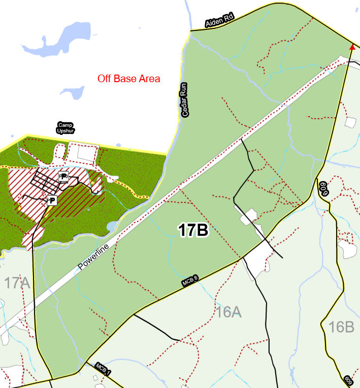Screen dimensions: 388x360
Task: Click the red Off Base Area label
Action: (x=129, y=79)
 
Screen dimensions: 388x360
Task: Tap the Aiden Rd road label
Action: (x=219, y=21)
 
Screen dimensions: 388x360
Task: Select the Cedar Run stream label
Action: (x=185, y=100)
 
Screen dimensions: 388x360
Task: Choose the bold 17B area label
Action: (x=193, y=230)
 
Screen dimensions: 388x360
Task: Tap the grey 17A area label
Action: (x=18, y=283)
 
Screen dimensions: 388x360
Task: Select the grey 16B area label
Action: (x=341, y=327)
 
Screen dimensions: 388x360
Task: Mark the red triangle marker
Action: (x=352, y=47)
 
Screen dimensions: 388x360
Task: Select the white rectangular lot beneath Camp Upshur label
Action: (x=83, y=152)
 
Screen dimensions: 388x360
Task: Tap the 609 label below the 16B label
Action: (x=348, y=380)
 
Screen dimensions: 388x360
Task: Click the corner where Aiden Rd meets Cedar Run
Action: (x=190, y=31)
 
